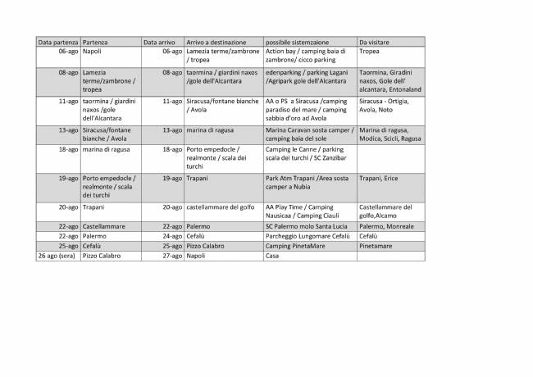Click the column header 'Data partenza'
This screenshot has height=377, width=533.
point(57,41)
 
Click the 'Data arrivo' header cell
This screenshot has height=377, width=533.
point(162,41)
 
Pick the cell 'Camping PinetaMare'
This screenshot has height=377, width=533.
point(298,245)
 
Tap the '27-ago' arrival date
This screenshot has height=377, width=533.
point(171,256)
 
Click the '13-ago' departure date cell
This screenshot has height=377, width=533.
point(68,129)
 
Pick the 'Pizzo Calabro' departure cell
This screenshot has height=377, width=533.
point(102,256)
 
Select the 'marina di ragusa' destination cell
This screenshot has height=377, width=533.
point(212,129)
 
